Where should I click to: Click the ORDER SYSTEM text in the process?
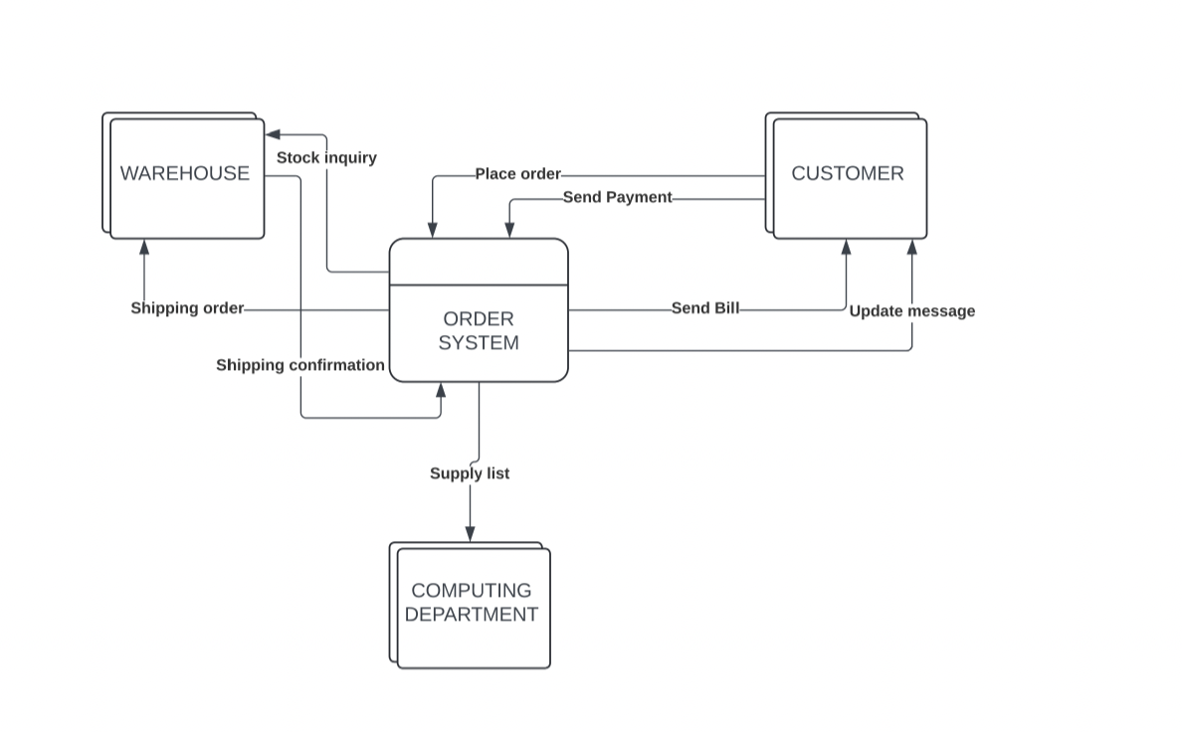click(479, 331)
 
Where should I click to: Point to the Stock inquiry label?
click(326, 157)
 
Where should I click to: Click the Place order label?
click(517, 174)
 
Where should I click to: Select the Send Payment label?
click(618, 197)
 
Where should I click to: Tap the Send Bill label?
click(705, 308)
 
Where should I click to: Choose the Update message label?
click(911, 311)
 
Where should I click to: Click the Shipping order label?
click(187, 308)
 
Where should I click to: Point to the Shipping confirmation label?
click(300, 365)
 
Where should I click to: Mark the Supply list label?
click(470, 473)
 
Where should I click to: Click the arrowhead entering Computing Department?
click(470, 534)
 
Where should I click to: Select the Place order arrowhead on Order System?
click(432, 230)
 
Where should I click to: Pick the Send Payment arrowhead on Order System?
click(509, 230)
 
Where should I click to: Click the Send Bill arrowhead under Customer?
click(846, 247)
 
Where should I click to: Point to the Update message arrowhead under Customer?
click(911, 247)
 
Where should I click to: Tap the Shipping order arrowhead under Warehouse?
click(144, 247)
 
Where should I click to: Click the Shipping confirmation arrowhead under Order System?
click(441, 390)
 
